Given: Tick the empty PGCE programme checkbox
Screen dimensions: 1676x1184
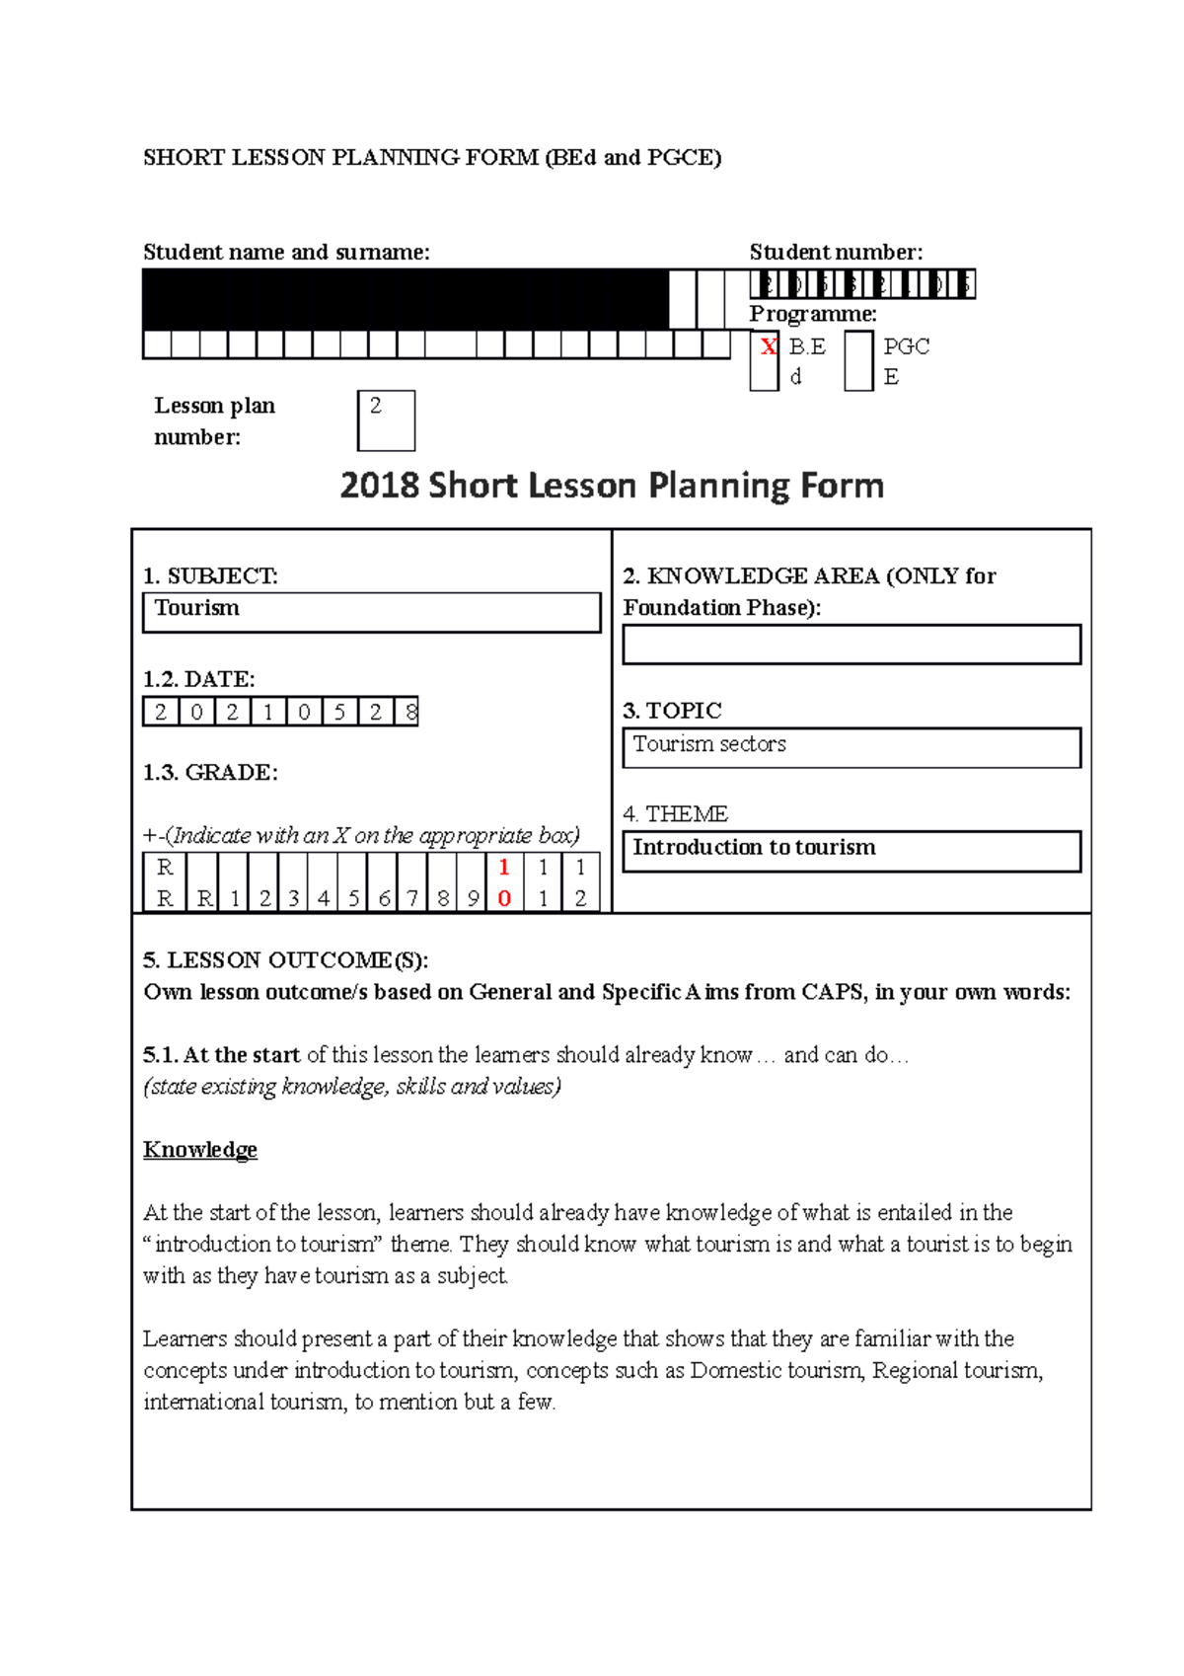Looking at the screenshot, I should click(x=858, y=361).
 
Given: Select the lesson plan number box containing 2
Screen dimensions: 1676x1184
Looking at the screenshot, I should click(x=386, y=420).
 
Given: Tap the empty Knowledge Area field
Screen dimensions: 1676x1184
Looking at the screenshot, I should click(x=851, y=645).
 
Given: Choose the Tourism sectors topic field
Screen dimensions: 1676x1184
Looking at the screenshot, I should click(x=851, y=747).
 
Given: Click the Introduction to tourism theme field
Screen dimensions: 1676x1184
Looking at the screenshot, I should click(x=851, y=850).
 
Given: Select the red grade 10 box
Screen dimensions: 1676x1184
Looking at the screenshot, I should click(x=504, y=882).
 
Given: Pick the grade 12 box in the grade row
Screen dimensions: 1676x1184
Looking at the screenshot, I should click(x=580, y=882).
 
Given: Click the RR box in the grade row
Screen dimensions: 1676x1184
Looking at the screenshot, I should click(x=165, y=882).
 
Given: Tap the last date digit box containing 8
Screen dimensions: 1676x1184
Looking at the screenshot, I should click(x=409, y=712).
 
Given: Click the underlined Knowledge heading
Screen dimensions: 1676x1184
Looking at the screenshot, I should click(x=200, y=1150).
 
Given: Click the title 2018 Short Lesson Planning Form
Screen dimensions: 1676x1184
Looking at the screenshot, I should click(x=612, y=486).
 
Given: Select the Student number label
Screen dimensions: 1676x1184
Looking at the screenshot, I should click(x=836, y=252).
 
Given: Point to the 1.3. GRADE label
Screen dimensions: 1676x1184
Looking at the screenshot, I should click(x=210, y=772).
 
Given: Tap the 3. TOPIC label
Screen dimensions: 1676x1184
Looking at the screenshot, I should click(x=672, y=711).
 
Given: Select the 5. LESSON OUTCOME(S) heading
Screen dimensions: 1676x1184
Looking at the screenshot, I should click(x=286, y=960).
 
